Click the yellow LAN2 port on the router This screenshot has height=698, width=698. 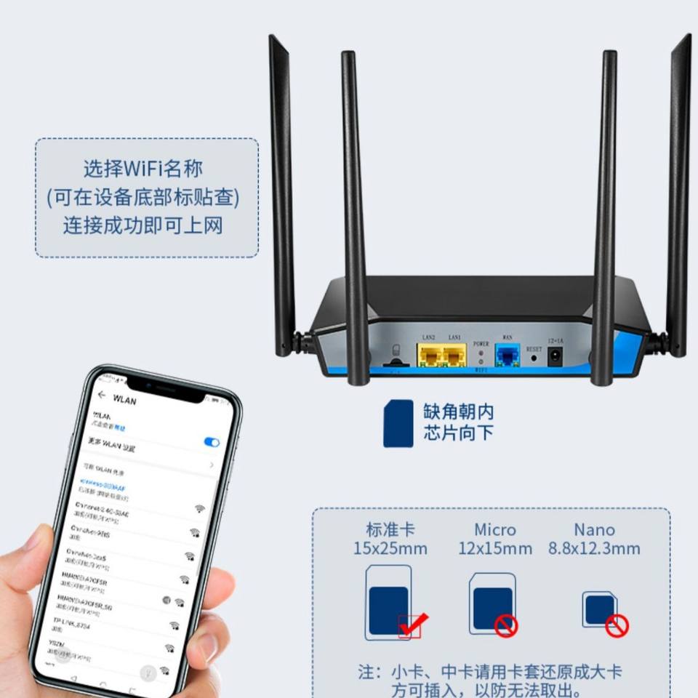[x=429, y=356]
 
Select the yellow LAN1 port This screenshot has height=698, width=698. [x=454, y=356]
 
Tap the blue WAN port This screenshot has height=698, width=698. [x=507, y=356]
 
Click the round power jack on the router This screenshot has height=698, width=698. [x=556, y=357]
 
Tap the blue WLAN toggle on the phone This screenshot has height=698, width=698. [x=212, y=442]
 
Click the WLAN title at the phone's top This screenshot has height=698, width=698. [x=124, y=400]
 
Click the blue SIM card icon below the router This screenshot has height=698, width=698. [x=398, y=424]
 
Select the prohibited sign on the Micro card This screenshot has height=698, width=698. [x=505, y=625]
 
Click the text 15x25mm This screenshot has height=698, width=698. [x=390, y=548]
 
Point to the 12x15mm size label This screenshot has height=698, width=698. [x=495, y=548]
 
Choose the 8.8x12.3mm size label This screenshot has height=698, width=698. [x=594, y=548]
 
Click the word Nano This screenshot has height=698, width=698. [x=594, y=530]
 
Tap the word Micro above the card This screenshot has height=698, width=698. [x=495, y=530]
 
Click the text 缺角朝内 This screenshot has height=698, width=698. [x=459, y=412]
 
